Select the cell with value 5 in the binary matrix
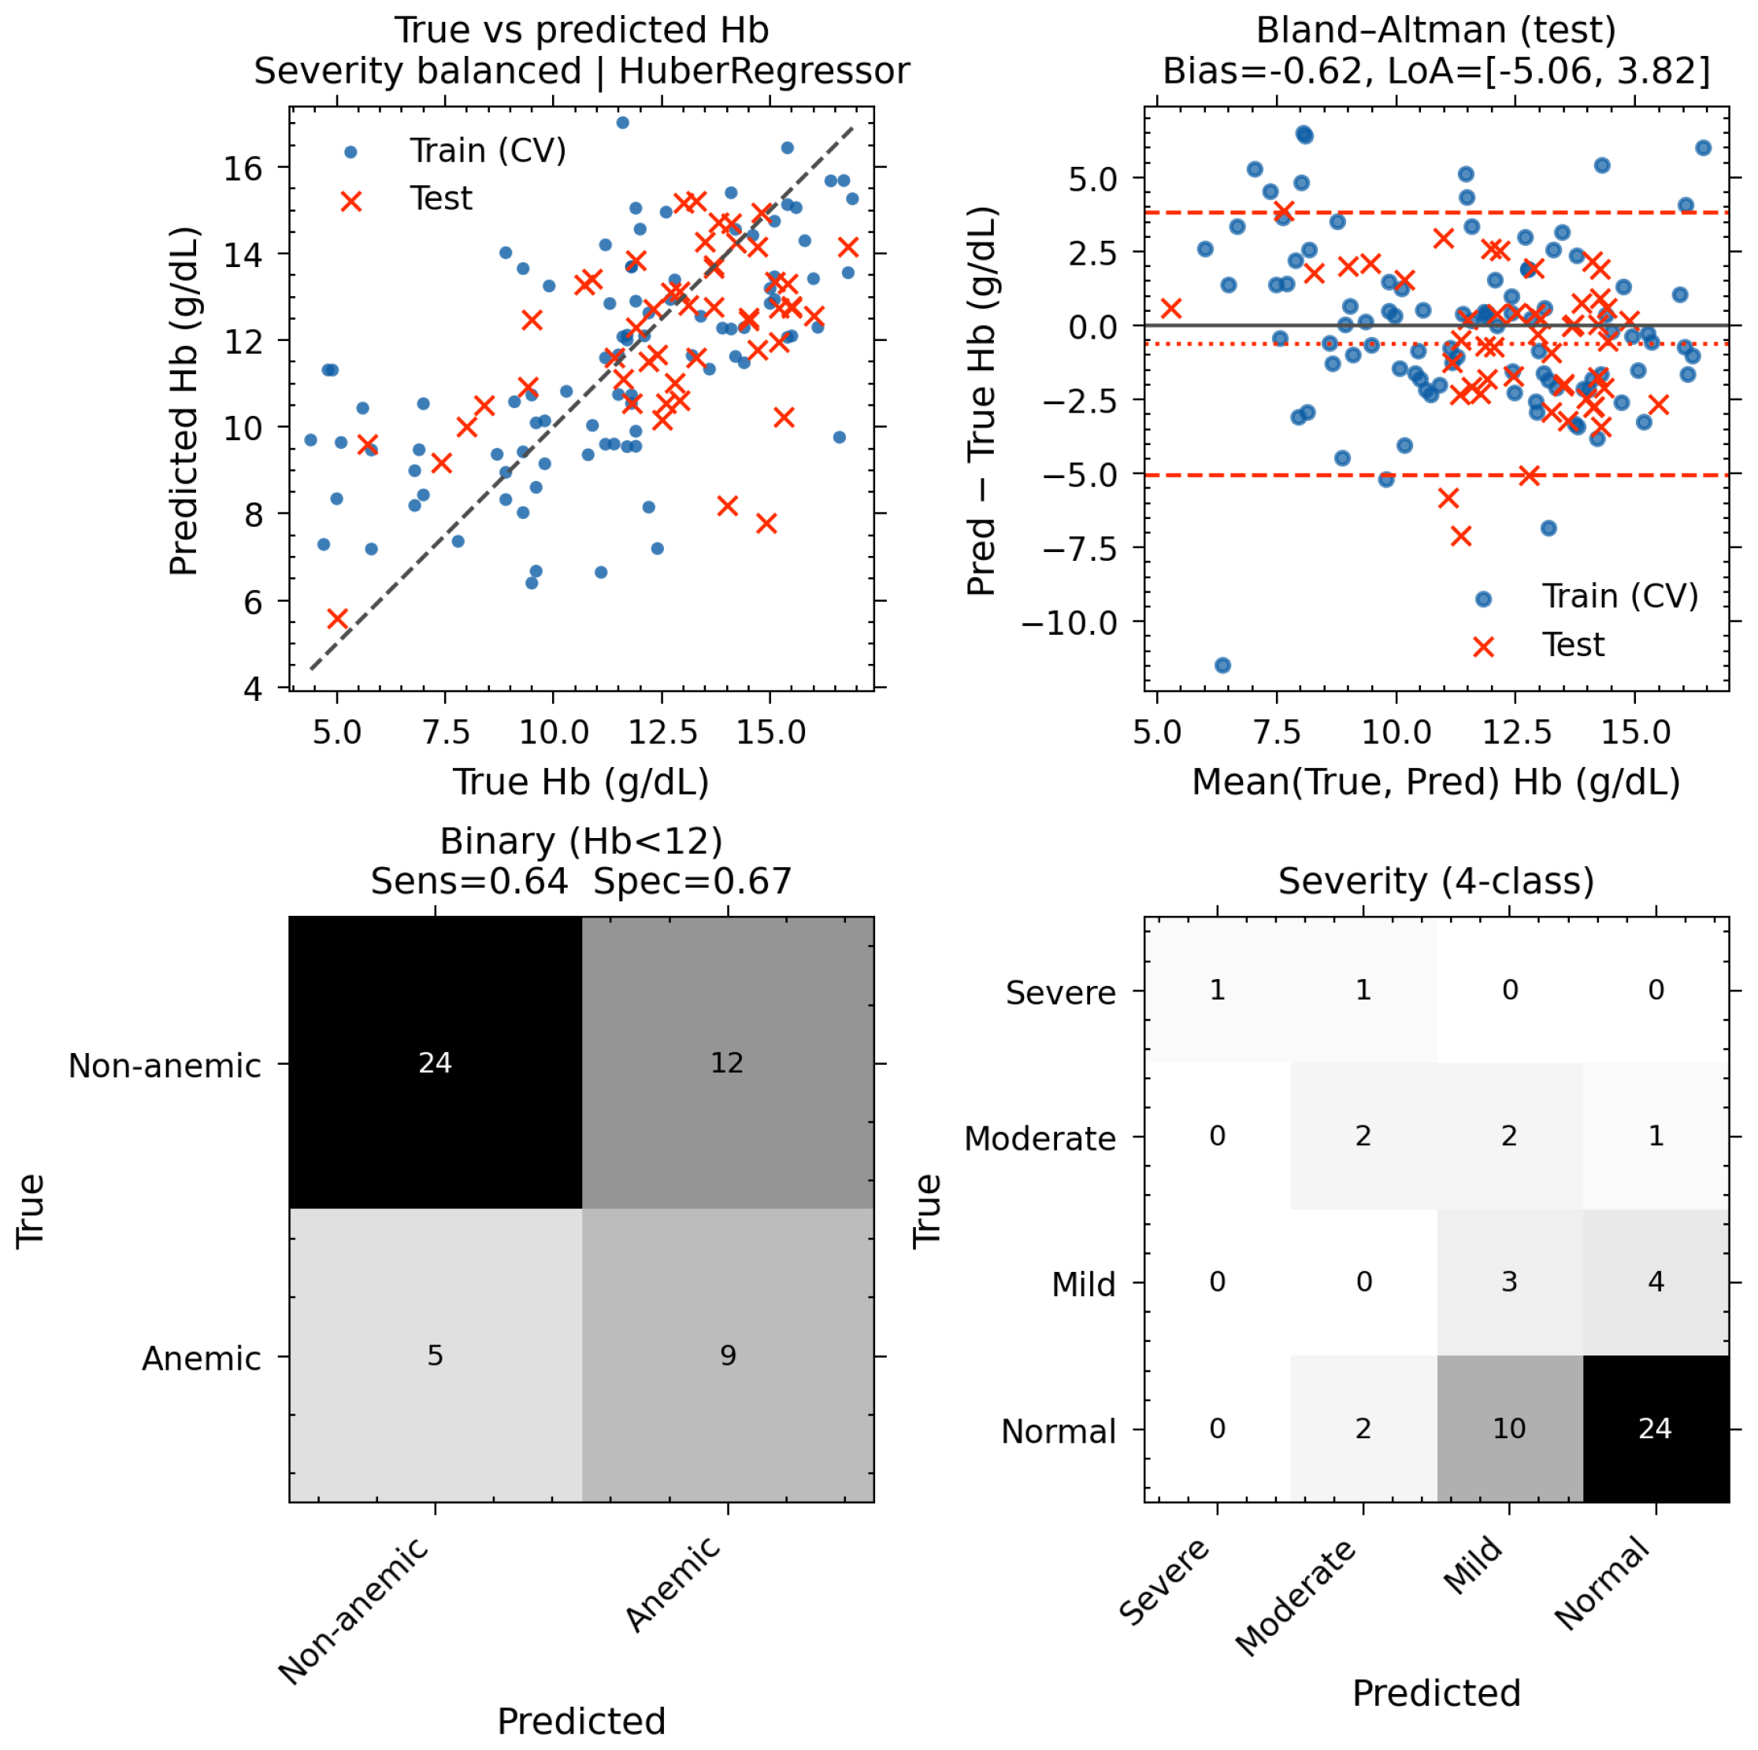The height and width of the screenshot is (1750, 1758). pyautogui.click(x=436, y=1355)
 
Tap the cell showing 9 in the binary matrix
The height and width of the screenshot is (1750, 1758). pyautogui.click(x=728, y=1355)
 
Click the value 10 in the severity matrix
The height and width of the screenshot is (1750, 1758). pyautogui.click(x=1510, y=1428)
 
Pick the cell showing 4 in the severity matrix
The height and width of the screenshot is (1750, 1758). pyautogui.click(x=1656, y=1281)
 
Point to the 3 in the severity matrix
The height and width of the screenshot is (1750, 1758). pyautogui.click(x=1510, y=1281)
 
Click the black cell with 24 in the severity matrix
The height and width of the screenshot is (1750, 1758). pyautogui.click(x=1656, y=1428)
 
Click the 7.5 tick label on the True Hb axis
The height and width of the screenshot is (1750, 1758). pyautogui.click(x=446, y=732)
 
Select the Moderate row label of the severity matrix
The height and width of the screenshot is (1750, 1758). pyautogui.click(x=1040, y=1139)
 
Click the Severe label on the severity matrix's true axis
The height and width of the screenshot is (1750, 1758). pyautogui.click(x=1061, y=992)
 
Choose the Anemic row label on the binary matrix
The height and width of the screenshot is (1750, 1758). pyautogui.click(x=202, y=1358)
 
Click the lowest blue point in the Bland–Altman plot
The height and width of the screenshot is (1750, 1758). pyautogui.click(x=1223, y=666)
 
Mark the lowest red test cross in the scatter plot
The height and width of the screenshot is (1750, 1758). pyautogui.click(x=338, y=619)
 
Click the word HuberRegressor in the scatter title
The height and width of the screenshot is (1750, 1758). pyautogui.click(x=764, y=71)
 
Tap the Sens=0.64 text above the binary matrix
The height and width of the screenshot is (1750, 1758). pyautogui.click(x=469, y=881)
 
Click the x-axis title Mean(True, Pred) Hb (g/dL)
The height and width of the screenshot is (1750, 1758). pyautogui.click(x=1437, y=782)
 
